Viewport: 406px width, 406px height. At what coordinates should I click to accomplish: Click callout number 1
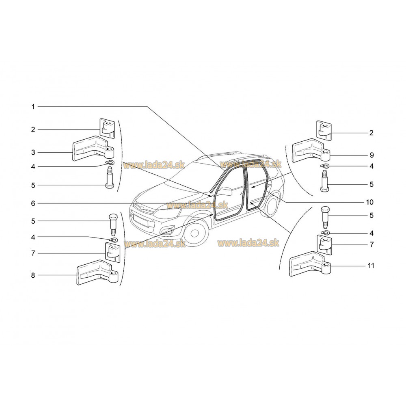(33, 107)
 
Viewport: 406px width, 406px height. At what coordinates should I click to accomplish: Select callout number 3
(33, 152)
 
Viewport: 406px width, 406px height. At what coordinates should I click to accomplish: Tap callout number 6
(33, 203)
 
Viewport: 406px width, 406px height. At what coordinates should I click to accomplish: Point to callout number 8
(33, 275)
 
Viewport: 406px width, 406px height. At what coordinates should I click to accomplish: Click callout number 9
(371, 155)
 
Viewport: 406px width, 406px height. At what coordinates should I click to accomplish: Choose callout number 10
(370, 202)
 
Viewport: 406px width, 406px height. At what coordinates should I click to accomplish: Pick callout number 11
(371, 266)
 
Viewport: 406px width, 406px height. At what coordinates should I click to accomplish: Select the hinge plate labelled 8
(97, 272)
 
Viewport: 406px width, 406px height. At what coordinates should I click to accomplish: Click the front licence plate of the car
(140, 221)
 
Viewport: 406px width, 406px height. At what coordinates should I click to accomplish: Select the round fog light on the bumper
(170, 230)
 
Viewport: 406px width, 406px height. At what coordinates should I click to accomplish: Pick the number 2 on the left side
(33, 130)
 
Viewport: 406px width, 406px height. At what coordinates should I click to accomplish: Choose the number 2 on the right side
(371, 133)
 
